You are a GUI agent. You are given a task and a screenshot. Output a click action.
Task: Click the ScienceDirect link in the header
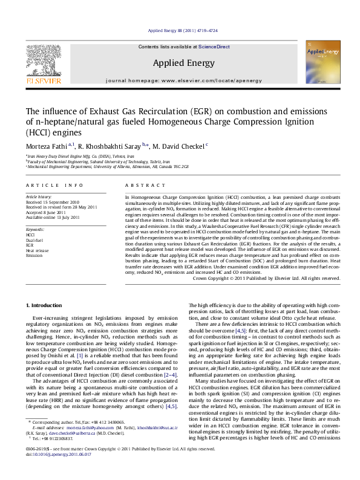click(214, 47)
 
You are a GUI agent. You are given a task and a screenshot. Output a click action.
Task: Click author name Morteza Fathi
click(47, 145)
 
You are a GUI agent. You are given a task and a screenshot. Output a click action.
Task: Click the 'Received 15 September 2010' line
click(53, 202)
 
